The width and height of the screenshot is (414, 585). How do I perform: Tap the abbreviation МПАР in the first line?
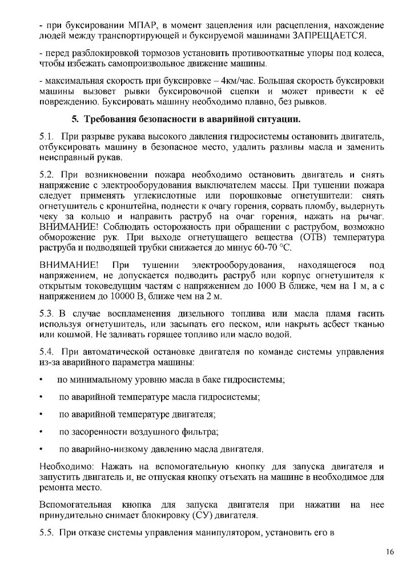coord(115,26)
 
